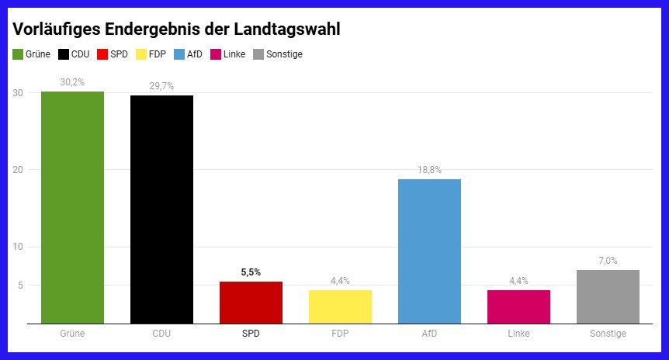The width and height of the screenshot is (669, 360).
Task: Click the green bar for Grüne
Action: [72, 207]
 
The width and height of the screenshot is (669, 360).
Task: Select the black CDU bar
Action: [161, 209]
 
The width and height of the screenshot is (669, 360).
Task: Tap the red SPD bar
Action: [251, 303]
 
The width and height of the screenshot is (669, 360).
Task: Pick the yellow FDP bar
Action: [340, 306]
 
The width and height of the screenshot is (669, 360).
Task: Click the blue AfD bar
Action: [429, 251]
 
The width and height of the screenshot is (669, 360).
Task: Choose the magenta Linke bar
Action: [518, 306]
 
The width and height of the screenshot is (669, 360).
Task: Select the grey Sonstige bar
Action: [608, 296]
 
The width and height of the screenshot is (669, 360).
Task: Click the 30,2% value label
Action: [72, 81]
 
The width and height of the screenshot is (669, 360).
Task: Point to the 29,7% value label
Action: [161, 85]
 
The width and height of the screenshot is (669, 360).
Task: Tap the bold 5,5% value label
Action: [251, 272]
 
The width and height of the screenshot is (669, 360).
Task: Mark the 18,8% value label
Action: [429, 169]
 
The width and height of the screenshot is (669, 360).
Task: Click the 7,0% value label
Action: [608, 260]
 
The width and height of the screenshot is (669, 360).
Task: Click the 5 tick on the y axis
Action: [20, 286]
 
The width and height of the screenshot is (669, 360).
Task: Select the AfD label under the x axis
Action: [429, 334]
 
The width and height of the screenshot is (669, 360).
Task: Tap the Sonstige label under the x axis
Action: [608, 334]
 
